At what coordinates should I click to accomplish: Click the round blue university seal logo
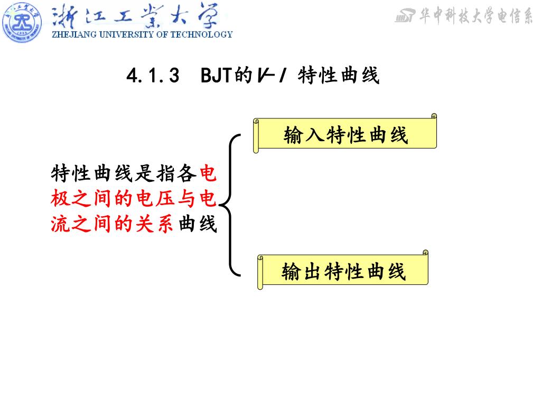click(x=22, y=22)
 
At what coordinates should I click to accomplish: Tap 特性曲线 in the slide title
click(x=339, y=76)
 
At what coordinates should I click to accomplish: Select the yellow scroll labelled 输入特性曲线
click(x=346, y=134)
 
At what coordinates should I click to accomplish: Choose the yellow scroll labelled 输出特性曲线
click(x=343, y=272)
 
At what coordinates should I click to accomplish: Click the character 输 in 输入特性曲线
click(x=293, y=135)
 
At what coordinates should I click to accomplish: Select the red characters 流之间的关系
click(x=112, y=224)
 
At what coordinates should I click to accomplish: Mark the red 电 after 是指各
click(x=209, y=173)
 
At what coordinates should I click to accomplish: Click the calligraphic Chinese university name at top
click(x=135, y=17)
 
